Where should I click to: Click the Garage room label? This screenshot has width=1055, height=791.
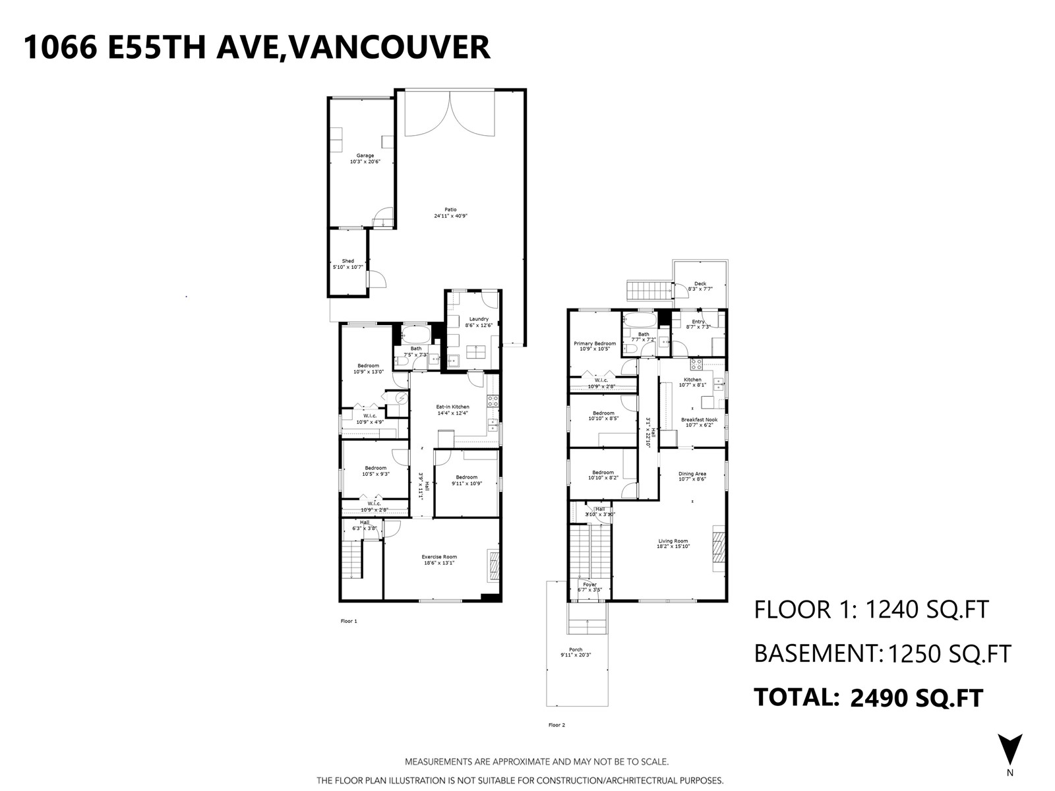click(x=365, y=156)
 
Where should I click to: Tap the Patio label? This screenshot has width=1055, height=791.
click(x=450, y=210)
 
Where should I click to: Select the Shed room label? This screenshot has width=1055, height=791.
click(x=347, y=261)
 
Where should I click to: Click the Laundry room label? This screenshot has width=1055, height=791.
click(x=479, y=319)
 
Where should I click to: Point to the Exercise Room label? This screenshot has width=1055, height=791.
click(x=439, y=557)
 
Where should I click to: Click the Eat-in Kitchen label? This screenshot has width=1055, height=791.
click(x=452, y=407)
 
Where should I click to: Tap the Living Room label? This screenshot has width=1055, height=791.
click(x=673, y=541)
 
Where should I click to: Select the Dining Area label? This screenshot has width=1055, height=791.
click(x=692, y=474)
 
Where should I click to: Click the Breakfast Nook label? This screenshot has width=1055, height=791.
click(x=699, y=420)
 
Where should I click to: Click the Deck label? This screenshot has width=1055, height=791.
click(x=700, y=284)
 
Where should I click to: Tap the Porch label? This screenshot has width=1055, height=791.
click(x=576, y=649)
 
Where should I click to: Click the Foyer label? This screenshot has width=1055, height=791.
click(x=589, y=585)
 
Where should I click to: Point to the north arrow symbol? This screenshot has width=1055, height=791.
click(x=1010, y=749)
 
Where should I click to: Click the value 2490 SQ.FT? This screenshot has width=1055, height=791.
click(x=917, y=697)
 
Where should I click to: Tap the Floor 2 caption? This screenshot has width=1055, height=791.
click(x=557, y=725)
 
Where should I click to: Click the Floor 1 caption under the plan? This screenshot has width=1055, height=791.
click(x=348, y=621)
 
